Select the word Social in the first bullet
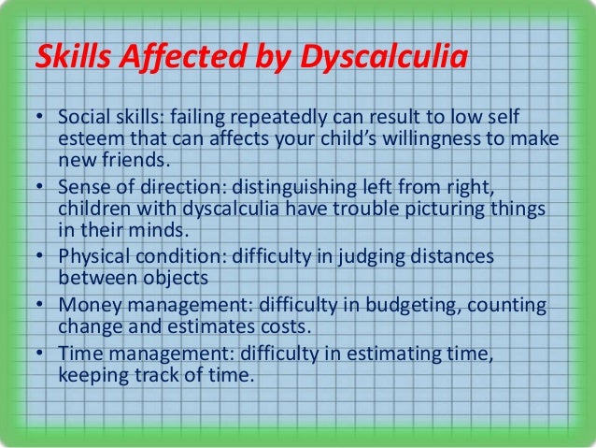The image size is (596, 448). point(81,120)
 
